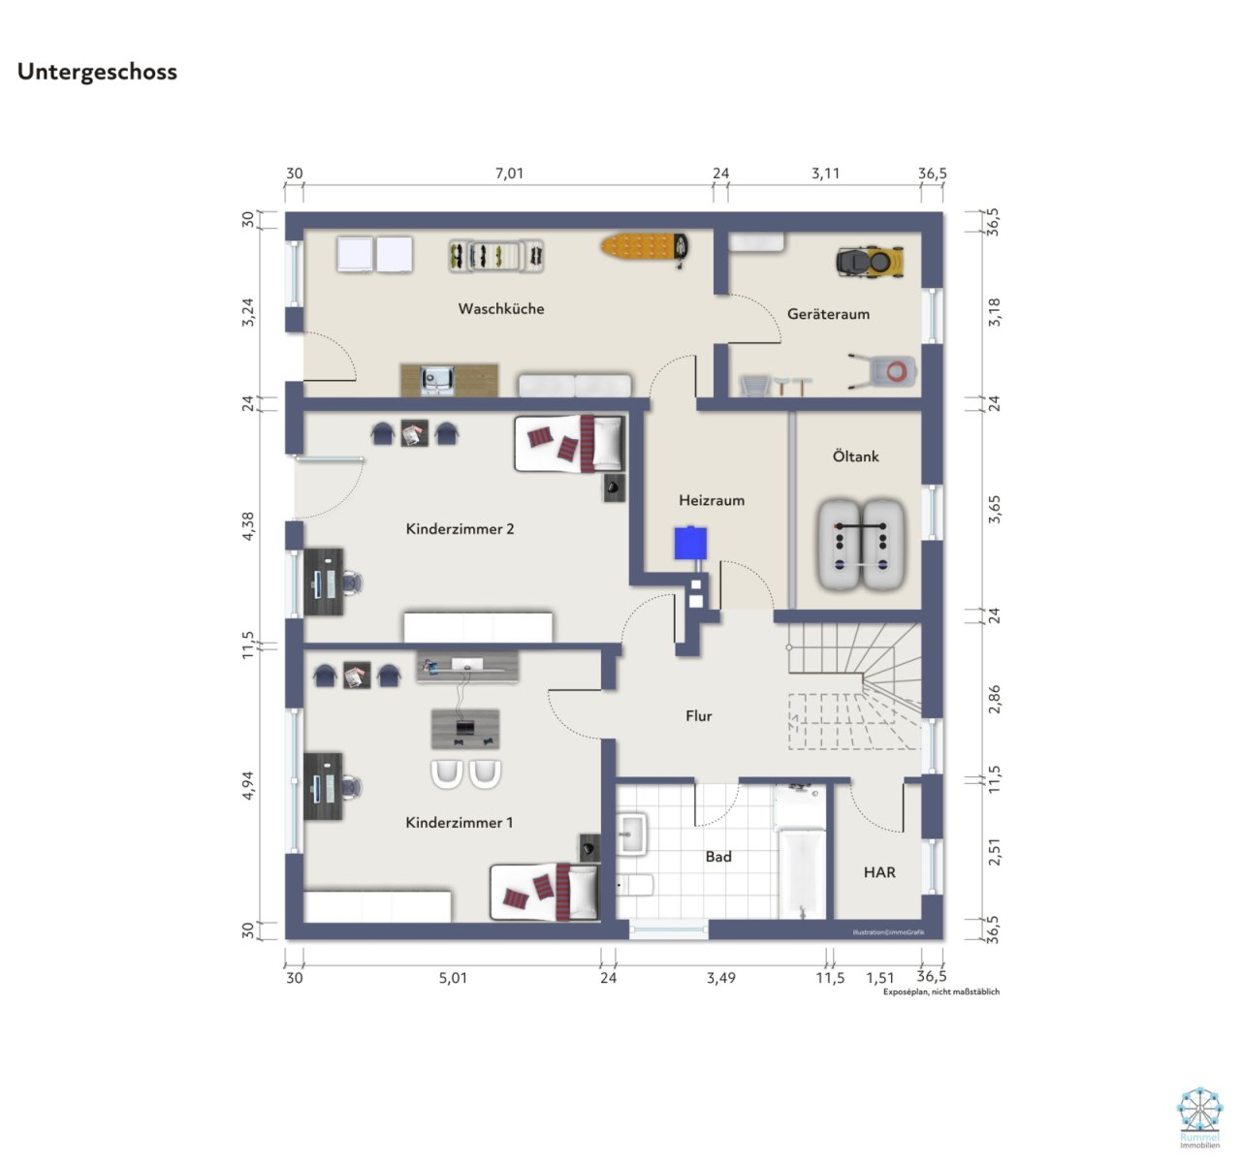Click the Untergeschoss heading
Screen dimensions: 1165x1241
97,72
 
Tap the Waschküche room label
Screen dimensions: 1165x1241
501,309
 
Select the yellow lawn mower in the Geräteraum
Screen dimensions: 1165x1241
870,261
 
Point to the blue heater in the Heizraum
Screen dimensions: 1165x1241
690,543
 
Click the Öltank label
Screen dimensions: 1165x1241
855,457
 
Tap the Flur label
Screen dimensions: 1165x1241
698,716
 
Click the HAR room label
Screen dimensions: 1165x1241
879,872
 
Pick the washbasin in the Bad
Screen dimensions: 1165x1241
631,834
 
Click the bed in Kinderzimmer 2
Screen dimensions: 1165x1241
569,444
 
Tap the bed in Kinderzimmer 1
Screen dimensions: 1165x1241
544,892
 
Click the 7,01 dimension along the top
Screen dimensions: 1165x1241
509,174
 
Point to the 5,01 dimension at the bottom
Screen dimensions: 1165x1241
453,978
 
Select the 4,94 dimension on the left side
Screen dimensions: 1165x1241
248,785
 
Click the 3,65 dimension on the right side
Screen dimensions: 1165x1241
994,509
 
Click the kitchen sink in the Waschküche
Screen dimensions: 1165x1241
438,378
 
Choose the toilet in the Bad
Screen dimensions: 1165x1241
636,885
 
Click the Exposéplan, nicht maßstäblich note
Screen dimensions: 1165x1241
940,992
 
